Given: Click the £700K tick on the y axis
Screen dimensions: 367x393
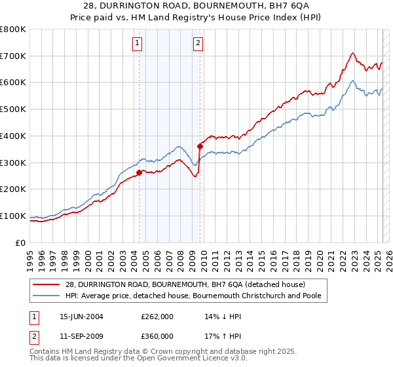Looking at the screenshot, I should pos(13,56).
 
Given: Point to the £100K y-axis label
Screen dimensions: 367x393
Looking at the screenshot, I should pos(13,216).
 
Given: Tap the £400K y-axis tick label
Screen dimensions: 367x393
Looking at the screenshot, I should pos(13,136).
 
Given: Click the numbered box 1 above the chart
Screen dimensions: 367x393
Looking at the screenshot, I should pos(138,44).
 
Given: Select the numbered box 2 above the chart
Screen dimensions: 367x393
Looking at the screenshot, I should pos(198,44).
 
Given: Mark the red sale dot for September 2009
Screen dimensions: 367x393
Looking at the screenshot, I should pos(200,146).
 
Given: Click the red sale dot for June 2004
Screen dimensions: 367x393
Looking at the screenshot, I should pos(139,172).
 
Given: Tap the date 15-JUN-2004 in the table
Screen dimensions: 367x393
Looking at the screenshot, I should pos(81,316).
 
